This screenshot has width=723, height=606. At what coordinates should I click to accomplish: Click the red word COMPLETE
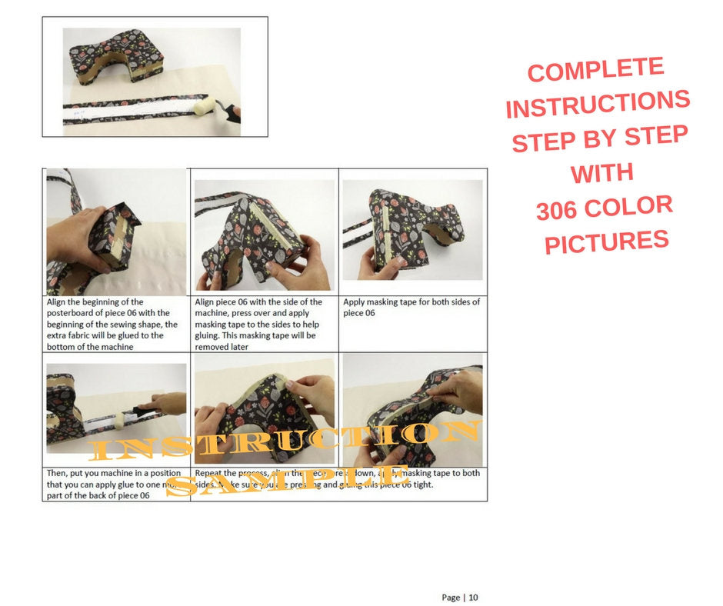(x=595, y=71)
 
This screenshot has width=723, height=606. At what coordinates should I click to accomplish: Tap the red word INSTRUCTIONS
(x=598, y=104)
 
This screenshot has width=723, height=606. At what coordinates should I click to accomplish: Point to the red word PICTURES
(x=606, y=241)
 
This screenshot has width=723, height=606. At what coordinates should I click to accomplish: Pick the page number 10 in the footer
(x=473, y=598)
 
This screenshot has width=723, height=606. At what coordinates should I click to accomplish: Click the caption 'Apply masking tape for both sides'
(x=411, y=302)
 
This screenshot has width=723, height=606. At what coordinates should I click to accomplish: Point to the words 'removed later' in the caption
(x=224, y=347)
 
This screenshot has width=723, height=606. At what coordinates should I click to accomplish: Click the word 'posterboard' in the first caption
(x=73, y=313)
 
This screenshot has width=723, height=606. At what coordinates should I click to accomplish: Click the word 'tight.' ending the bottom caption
(x=421, y=484)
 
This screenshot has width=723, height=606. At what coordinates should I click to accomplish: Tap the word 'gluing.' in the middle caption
(x=211, y=336)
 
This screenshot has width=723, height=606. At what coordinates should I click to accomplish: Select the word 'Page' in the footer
(x=451, y=598)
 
